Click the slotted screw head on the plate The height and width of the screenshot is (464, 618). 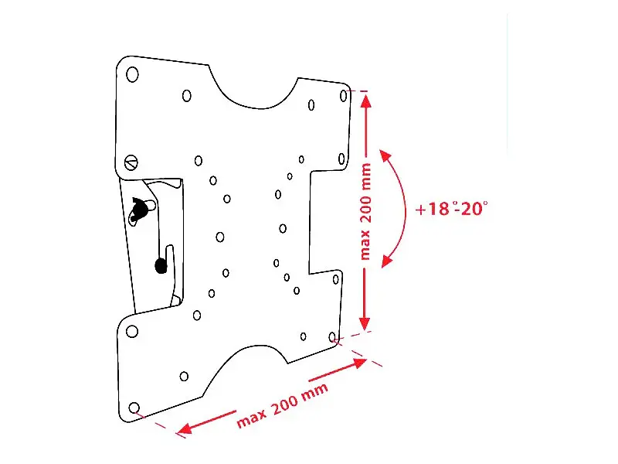tap(131, 162)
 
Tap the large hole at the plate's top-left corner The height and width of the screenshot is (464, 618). tap(132, 74)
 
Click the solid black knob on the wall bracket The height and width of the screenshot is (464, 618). tap(161, 265)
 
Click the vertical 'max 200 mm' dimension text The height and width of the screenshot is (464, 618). tap(365, 212)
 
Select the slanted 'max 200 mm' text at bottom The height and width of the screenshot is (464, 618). tap(282, 405)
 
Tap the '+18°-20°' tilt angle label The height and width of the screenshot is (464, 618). tap(452, 208)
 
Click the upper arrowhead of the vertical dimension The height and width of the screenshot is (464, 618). tap(366, 101)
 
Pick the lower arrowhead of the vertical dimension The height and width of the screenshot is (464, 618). tap(365, 323)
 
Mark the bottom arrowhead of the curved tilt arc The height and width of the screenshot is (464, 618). tap(387, 261)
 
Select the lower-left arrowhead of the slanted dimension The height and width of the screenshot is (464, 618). tap(185, 428)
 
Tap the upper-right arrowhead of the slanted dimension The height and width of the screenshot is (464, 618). tap(359, 363)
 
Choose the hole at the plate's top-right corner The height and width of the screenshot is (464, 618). tap(344, 95)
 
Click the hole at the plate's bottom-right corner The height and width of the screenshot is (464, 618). tap(332, 337)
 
